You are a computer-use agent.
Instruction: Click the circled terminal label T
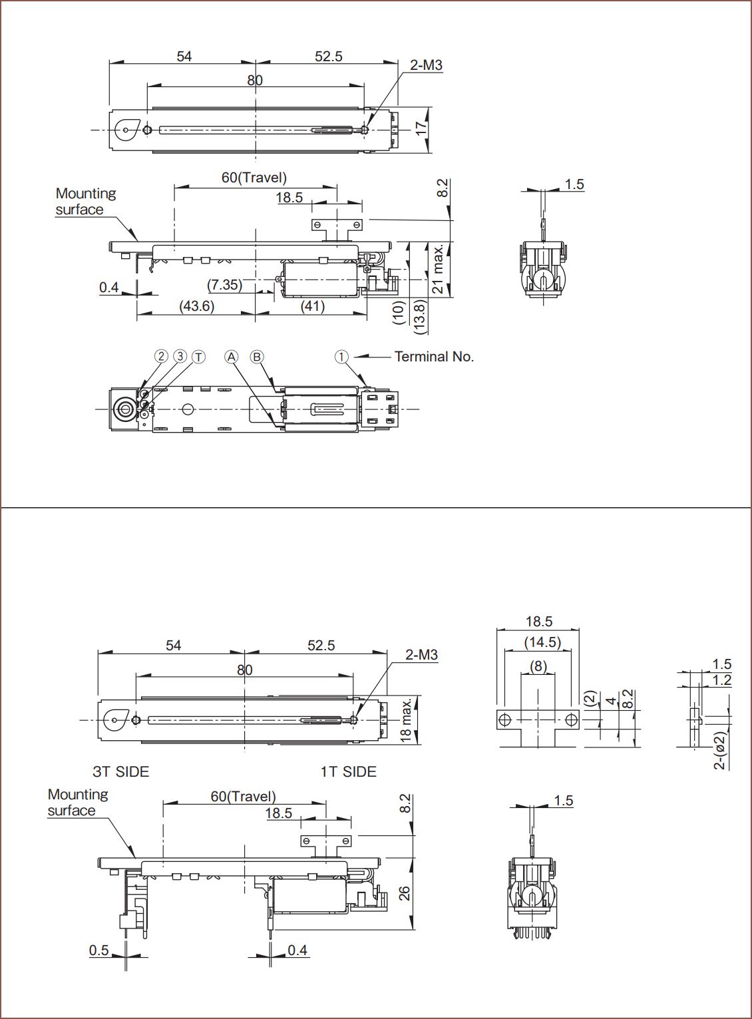(199, 357)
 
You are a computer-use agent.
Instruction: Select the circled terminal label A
(231, 357)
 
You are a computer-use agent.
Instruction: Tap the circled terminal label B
(257, 357)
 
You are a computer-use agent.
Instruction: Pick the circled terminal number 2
(161, 356)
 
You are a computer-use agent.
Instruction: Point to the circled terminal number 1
(341, 357)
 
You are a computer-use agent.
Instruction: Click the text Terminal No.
(434, 357)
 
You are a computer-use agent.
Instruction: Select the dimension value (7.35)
(224, 285)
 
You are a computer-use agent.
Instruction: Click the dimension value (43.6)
(197, 306)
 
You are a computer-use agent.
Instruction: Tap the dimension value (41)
(313, 306)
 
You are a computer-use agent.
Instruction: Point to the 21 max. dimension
(438, 269)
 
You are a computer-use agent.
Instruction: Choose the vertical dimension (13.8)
(419, 317)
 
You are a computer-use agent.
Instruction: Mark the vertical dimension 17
(421, 128)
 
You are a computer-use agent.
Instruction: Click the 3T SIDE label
(121, 772)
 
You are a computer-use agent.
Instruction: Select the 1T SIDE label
(348, 772)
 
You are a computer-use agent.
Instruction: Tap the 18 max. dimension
(406, 720)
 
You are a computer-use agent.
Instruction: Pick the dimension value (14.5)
(542, 642)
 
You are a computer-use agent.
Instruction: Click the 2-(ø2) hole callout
(720, 751)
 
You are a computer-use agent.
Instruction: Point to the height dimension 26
(405, 894)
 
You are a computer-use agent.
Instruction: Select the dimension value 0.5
(99, 950)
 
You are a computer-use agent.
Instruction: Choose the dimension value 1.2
(721, 680)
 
